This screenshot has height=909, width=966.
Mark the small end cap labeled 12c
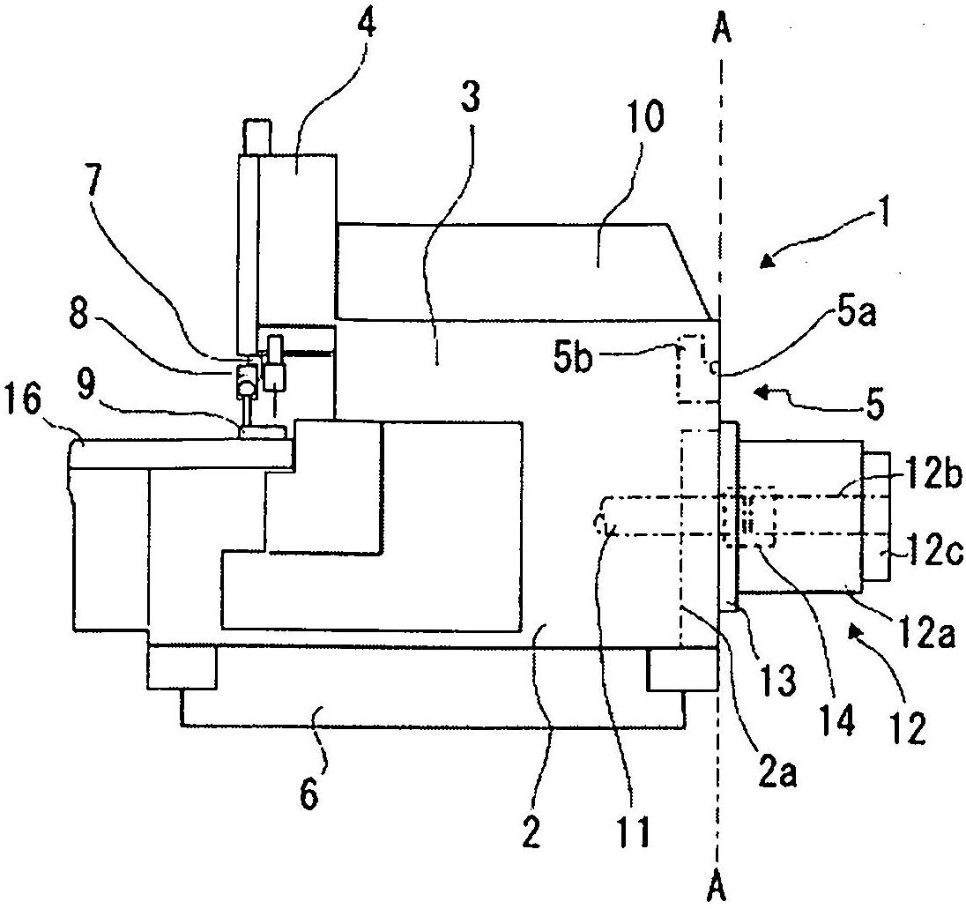pos(877,518)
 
